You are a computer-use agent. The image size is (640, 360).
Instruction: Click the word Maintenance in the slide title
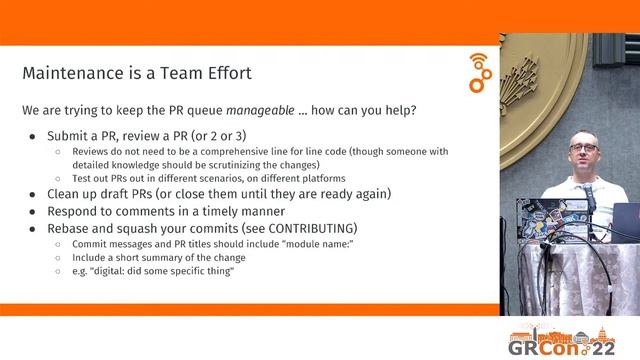coord(67,73)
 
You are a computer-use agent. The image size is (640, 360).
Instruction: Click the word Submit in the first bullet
coord(72,135)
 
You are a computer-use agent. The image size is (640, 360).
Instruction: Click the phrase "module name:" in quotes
coord(264,245)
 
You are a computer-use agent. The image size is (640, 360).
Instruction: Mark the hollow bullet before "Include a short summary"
coord(57,259)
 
